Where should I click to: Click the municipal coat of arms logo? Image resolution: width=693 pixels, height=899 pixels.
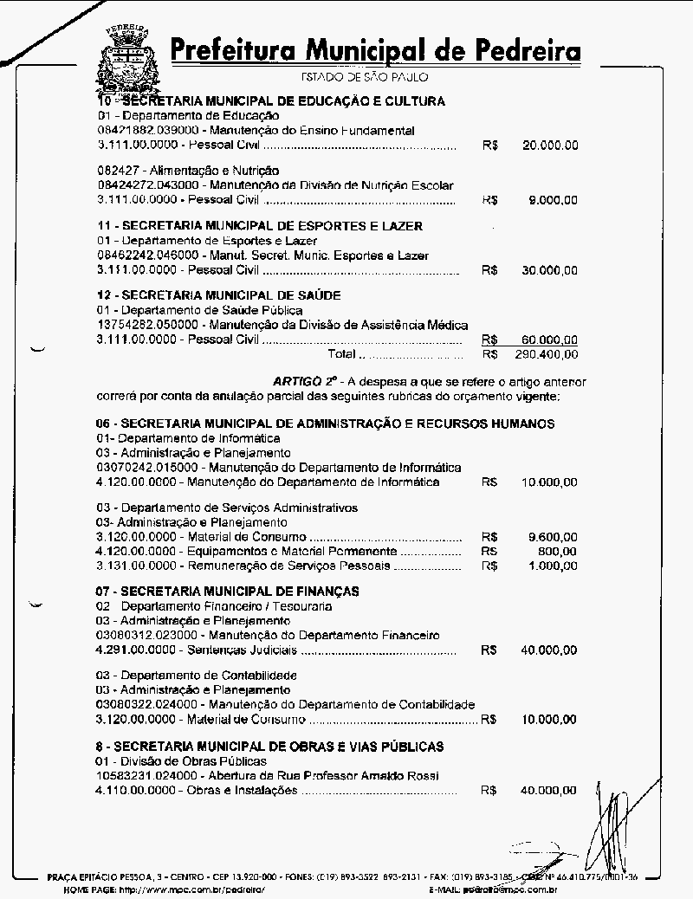pos(127,54)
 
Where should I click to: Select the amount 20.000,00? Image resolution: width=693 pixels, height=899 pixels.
pos(550,146)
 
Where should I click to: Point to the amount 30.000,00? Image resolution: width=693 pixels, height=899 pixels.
pos(550,270)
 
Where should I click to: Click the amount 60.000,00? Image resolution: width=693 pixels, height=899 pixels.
pos(550,340)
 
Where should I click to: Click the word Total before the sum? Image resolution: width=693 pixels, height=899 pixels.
pos(341,354)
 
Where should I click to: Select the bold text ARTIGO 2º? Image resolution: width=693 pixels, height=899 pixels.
pos(305,381)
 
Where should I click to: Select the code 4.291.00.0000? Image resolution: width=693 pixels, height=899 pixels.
pos(136,650)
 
